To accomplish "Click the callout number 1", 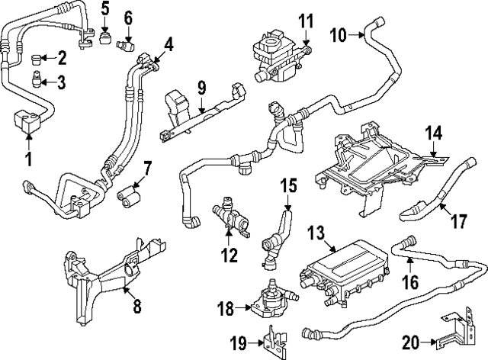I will tap(28, 159).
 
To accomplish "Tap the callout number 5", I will tap(105, 10).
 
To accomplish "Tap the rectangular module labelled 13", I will tap(335, 270).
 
